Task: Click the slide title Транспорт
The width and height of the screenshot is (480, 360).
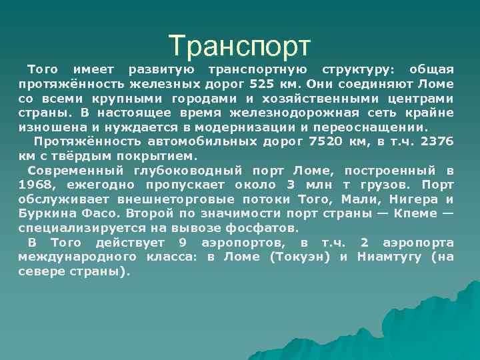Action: (239, 45)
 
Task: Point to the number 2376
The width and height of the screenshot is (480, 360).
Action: (438, 141)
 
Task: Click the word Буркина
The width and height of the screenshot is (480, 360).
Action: (49, 214)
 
